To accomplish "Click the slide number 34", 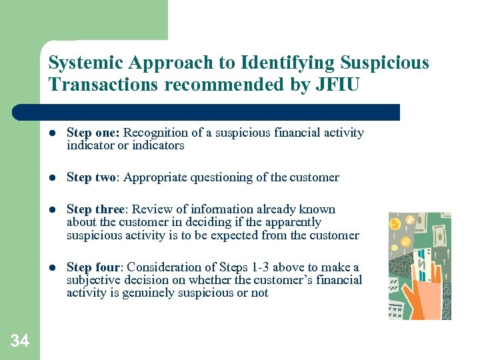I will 20,341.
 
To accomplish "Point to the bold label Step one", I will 93,133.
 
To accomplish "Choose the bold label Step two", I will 92,177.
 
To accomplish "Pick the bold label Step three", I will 97,209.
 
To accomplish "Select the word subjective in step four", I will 91,280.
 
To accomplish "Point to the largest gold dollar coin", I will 395,223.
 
